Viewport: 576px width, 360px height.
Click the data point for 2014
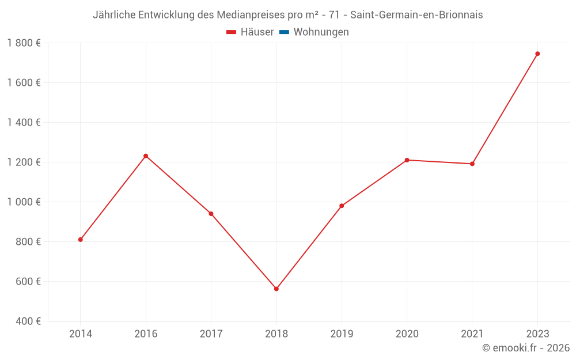tap(81, 240)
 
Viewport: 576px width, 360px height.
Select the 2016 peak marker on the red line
tap(146, 156)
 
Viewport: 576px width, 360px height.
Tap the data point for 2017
tap(211, 214)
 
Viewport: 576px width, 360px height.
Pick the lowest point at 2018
tap(276, 289)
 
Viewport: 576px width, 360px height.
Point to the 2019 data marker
tap(342, 206)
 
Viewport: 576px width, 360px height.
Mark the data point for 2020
tap(407, 160)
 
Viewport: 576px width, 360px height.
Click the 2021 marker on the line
tap(472, 164)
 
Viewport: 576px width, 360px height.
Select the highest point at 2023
tap(537, 54)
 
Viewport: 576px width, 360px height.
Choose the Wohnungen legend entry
tap(321, 32)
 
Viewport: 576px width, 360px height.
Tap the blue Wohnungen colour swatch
tap(284, 32)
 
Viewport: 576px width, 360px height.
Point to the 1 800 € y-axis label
tap(24, 43)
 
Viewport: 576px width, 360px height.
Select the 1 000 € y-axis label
tap(24, 202)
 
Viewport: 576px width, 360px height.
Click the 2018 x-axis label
tap(276, 334)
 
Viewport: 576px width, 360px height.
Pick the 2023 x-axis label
tap(537, 334)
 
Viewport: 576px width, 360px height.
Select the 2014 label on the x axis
tap(81, 334)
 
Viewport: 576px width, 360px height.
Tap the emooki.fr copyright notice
tap(526, 348)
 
